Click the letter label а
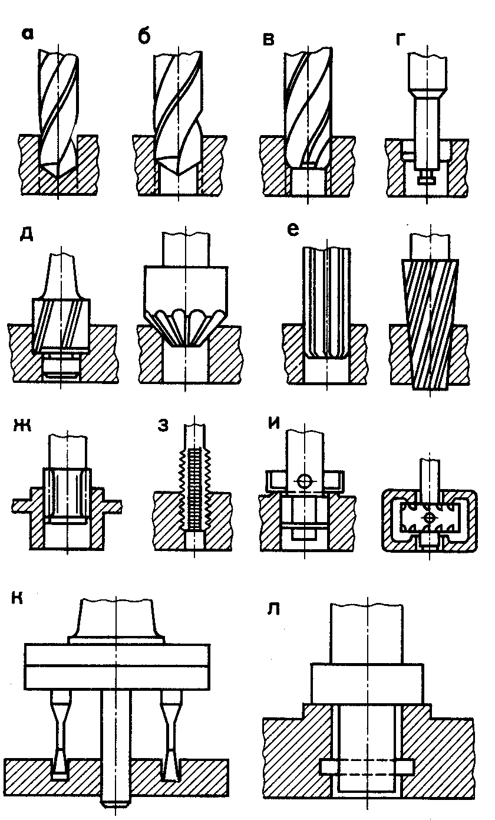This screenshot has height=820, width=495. [27, 35]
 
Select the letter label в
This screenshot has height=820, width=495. [269, 39]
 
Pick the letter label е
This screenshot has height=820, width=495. [292, 231]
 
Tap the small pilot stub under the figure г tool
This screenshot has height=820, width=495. [428, 175]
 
